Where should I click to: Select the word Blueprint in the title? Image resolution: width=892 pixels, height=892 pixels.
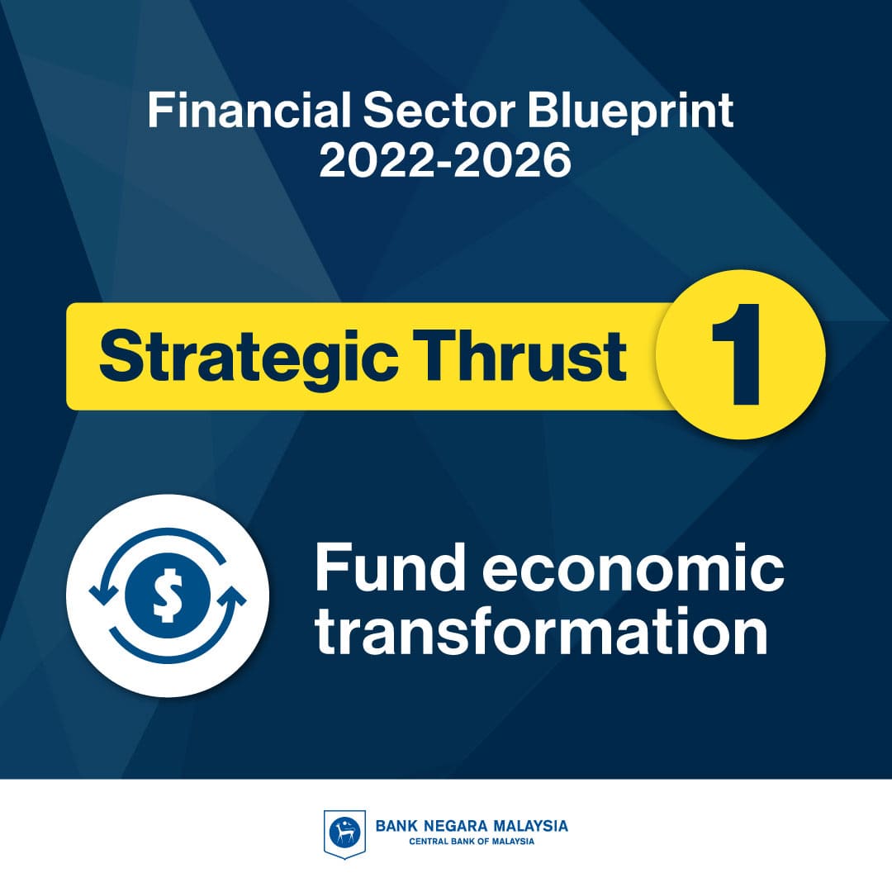click(630, 112)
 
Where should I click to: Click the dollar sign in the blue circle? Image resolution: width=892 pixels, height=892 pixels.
click(168, 595)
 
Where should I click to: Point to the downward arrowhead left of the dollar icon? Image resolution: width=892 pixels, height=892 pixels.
click(104, 595)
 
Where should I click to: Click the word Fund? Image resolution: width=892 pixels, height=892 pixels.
click(390, 567)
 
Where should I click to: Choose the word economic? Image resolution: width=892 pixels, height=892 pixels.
click(633, 567)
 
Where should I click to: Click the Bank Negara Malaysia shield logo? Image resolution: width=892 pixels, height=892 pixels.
click(344, 834)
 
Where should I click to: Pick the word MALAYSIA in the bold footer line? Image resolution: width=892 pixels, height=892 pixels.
click(529, 826)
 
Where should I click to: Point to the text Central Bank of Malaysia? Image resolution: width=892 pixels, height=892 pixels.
click(472, 842)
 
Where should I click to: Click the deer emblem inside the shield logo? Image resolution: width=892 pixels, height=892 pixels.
click(344, 833)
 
